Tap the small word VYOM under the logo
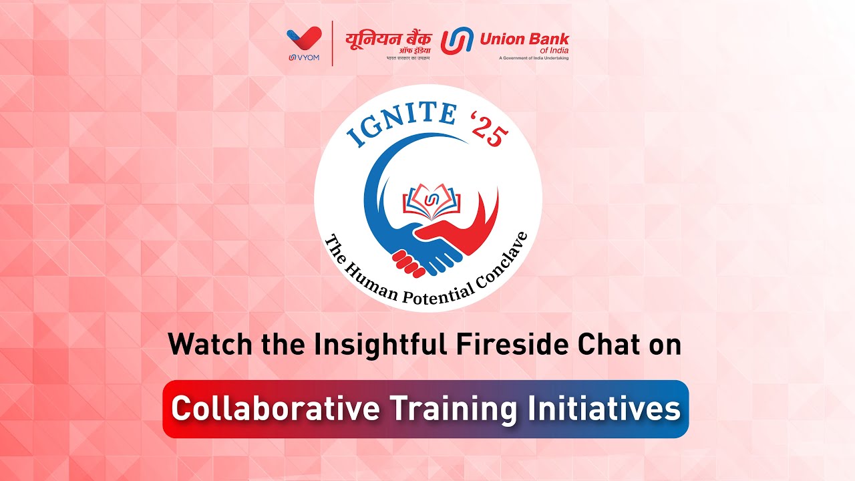point(307,57)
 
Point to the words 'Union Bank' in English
point(524,39)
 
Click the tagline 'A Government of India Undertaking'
point(534,58)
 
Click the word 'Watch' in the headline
point(202,345)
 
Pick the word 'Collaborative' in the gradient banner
point(273,409)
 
